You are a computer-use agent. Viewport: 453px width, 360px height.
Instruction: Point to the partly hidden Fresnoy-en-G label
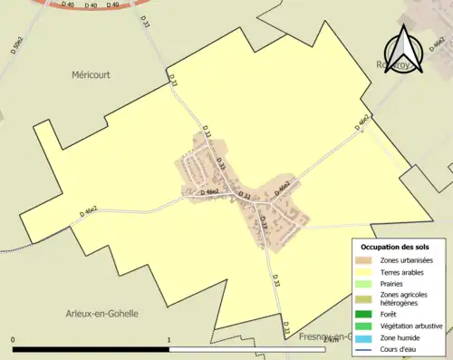[x=324, y=337]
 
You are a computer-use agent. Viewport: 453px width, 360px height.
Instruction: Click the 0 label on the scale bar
[x=14, y=341]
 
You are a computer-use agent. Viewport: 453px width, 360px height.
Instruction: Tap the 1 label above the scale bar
[x=169, y=341]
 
